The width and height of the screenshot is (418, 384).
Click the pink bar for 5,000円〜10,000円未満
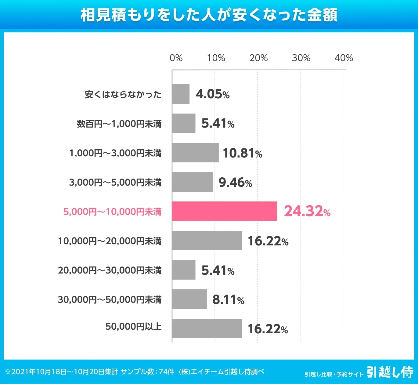[224, 211]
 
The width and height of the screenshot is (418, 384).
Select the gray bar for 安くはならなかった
[181, 94]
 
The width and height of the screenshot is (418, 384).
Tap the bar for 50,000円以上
[207, 328]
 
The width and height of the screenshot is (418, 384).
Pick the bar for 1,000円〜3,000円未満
[195, 153]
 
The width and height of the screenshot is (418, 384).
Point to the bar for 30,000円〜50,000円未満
[189, 299]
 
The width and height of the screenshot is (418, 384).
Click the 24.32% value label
[307, 211]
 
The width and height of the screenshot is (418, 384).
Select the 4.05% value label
[213, 94]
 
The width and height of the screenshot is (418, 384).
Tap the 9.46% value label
[235, 183]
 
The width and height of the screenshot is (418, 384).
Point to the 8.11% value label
[228, 300]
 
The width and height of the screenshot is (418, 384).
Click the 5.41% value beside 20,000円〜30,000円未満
[218, 270]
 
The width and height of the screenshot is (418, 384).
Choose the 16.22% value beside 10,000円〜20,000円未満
[268, 241]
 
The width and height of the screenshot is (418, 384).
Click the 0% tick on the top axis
[176, 58]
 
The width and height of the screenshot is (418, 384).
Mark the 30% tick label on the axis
[301, 58]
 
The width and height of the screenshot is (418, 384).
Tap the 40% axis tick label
[344, 58]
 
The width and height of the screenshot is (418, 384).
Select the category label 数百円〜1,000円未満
[119, 124]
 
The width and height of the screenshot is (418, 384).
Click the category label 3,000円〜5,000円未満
[115, 183]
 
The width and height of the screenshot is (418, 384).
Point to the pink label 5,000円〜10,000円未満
[112, 212]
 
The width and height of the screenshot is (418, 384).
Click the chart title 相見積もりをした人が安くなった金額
[209, 15]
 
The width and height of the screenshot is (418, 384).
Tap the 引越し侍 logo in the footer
[390, 372]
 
